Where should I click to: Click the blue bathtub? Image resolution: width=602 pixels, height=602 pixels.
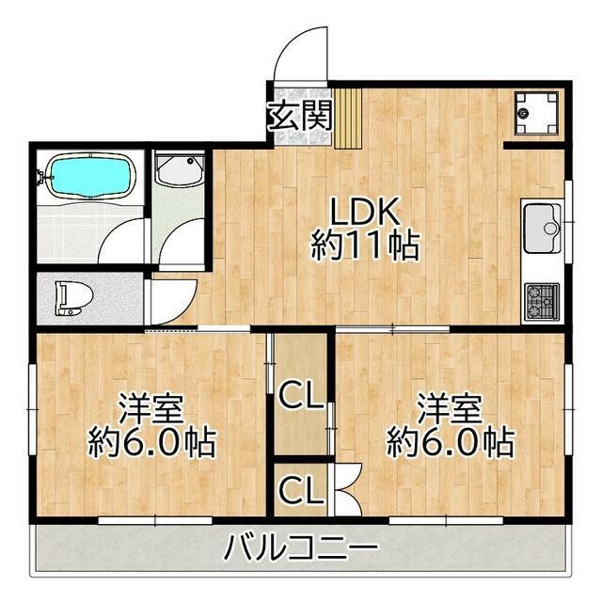pyautogui.click(x=88, y=175)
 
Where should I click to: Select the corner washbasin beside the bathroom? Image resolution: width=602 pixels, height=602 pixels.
pyautogui.click(x=178, y=172)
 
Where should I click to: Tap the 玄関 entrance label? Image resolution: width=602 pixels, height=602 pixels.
pyautogui.click(x=300, y=117)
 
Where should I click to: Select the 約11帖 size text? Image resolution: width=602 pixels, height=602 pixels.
pyautogui.click(x=365, y=246)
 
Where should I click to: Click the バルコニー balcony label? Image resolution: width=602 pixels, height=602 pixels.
pyautogui.click(x=302, y=546)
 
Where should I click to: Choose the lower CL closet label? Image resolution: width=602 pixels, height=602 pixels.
pyautogui.click(x=300, y=489)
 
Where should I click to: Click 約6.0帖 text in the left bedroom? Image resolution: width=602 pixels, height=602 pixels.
pyautogui.click(x=151, y=442)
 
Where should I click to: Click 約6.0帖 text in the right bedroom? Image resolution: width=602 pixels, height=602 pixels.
pyautogui.click(x=450, y=442)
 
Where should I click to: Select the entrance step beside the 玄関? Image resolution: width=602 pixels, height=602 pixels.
pyautogui.click(x=347, y=117)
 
